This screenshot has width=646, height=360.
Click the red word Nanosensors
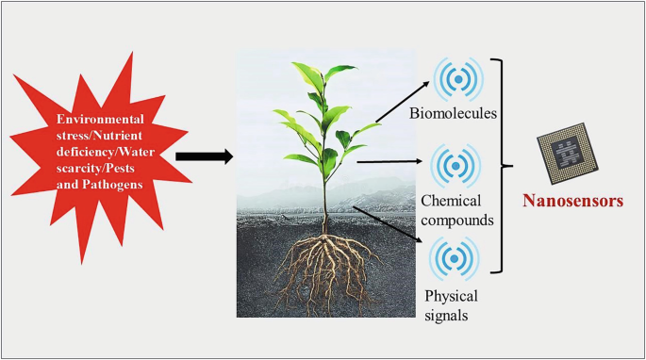pyautogui.click(x=574, y=200)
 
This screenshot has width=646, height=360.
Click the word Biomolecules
pyautogui.click(x=453, y=115)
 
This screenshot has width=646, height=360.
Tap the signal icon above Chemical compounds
pyautogui.click(x=456, y=165)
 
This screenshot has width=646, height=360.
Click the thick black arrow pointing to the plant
pyautogui.click(x=204, y=156)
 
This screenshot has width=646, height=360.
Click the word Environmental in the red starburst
pyautogui.click(x=100, y=119)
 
